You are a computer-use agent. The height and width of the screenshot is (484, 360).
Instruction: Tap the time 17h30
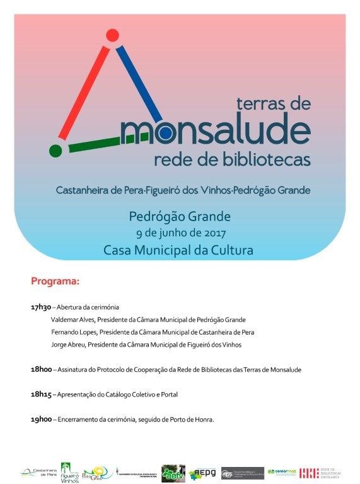(40, 307)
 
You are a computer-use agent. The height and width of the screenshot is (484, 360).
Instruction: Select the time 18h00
(40, 369)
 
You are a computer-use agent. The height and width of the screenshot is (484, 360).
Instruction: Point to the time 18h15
(40, 395)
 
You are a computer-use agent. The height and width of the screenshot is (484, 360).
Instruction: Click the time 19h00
(40, 419)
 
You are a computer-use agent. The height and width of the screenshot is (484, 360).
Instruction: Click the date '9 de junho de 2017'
(180, 233)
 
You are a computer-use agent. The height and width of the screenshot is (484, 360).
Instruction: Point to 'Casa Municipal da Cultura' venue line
(180, 250)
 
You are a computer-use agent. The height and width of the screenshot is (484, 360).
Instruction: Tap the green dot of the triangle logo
(55, 150)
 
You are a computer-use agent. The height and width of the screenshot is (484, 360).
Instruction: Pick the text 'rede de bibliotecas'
(232, 159)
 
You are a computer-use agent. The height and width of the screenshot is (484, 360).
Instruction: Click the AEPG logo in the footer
(202, 472)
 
